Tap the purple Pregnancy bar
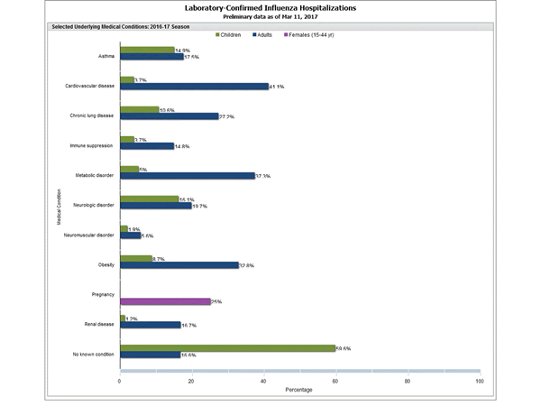pos(165,301)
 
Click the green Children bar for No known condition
pos(227,347)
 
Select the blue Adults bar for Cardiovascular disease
pos(194,87)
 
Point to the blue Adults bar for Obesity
pos(179,265)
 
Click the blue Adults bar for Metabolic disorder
pos(187,176)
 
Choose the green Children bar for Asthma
pos(147,51)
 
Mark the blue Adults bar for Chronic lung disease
pos(169,116)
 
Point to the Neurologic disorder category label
pos(93,205)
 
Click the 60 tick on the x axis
pos(335,381)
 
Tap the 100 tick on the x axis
pos(479,381)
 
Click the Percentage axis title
pos(299,390)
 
